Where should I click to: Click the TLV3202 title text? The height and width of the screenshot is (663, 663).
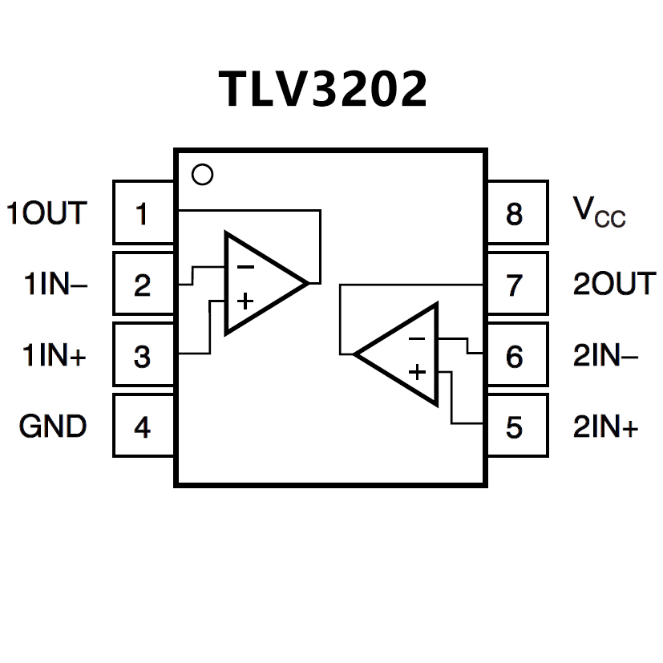(323, 88)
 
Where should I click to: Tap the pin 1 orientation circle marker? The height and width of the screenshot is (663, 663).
(204, 174)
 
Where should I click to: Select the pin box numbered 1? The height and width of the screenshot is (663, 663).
(144, 213)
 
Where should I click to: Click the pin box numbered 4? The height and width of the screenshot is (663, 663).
(144, 426)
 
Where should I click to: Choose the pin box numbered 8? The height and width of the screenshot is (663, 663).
(516, 213)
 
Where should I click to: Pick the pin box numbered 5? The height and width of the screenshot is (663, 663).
(516, 426)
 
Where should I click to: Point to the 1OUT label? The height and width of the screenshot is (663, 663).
(46, 213)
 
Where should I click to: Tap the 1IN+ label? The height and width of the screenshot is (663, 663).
(54, 355)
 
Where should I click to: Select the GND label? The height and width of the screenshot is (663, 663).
(53, 426)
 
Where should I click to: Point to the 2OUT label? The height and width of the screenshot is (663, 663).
(614, 285)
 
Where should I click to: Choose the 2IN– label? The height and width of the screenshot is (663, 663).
(605, 355)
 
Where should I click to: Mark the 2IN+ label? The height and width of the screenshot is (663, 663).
(605, 426)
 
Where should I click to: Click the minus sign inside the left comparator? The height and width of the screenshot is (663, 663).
(246, 267)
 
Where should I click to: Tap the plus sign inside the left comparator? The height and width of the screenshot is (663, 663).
(245, 301)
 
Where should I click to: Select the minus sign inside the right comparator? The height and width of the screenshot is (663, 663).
(417, 339)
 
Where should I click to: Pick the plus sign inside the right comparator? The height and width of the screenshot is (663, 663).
(417, 372)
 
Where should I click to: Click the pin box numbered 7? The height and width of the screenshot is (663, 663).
(516, 285)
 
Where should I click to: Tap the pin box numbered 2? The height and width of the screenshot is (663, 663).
(144, 285)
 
